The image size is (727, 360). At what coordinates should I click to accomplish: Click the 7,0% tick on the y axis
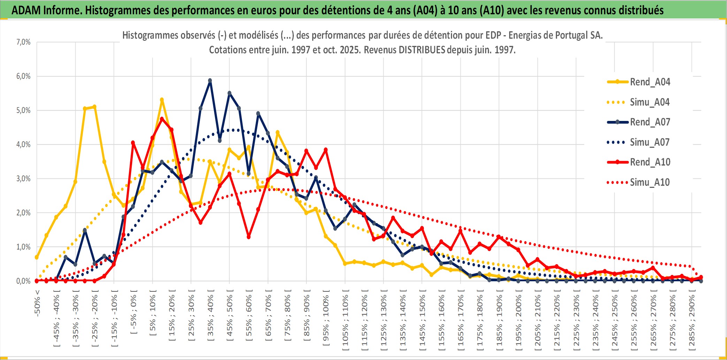[x=23, y=42]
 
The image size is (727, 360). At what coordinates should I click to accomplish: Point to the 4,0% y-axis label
[x=23, y=144]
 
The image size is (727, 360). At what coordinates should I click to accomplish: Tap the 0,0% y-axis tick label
[x=23, y=281]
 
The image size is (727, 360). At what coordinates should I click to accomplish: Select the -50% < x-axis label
[x=37, y=303]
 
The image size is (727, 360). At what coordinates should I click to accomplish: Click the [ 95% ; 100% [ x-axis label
[x=326, y=321]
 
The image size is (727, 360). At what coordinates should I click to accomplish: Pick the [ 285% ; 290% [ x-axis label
[x=692, y=322]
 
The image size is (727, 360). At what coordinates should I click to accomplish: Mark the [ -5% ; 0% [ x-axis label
[x=133, y=312]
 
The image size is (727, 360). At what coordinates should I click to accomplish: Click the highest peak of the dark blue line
[x=210, y=81]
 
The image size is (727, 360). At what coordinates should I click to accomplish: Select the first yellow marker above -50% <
[x=37, y=257]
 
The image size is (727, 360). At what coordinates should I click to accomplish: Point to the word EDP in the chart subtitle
[x=493, y=35]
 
